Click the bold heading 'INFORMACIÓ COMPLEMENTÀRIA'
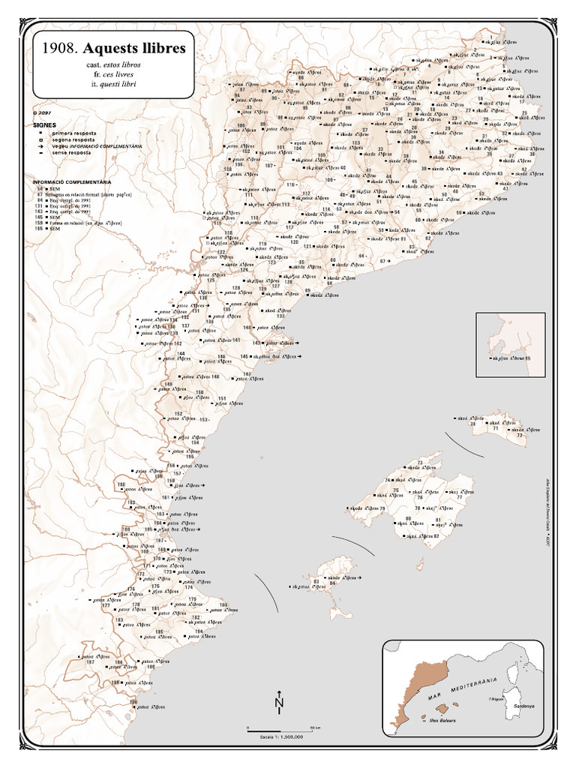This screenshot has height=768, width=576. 72,182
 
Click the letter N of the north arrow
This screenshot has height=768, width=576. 279,703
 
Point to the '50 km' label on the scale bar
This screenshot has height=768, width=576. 316,727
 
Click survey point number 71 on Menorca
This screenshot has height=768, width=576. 496,427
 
